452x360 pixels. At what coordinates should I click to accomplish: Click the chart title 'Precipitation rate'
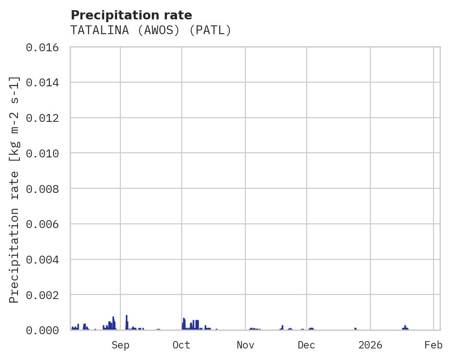(131, 15)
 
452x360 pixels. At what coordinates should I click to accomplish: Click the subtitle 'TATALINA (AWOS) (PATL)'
(150, 30)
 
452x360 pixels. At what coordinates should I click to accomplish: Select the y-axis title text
(15, 189)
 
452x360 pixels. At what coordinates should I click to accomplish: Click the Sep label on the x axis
(120, 345)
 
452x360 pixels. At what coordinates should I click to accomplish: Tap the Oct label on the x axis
(181, 345)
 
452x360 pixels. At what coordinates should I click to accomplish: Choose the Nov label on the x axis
(245, 345)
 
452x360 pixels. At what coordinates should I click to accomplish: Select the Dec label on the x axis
(306, 345)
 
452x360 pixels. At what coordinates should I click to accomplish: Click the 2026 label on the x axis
(370, 345)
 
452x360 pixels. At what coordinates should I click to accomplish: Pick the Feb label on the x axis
(434, 345)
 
